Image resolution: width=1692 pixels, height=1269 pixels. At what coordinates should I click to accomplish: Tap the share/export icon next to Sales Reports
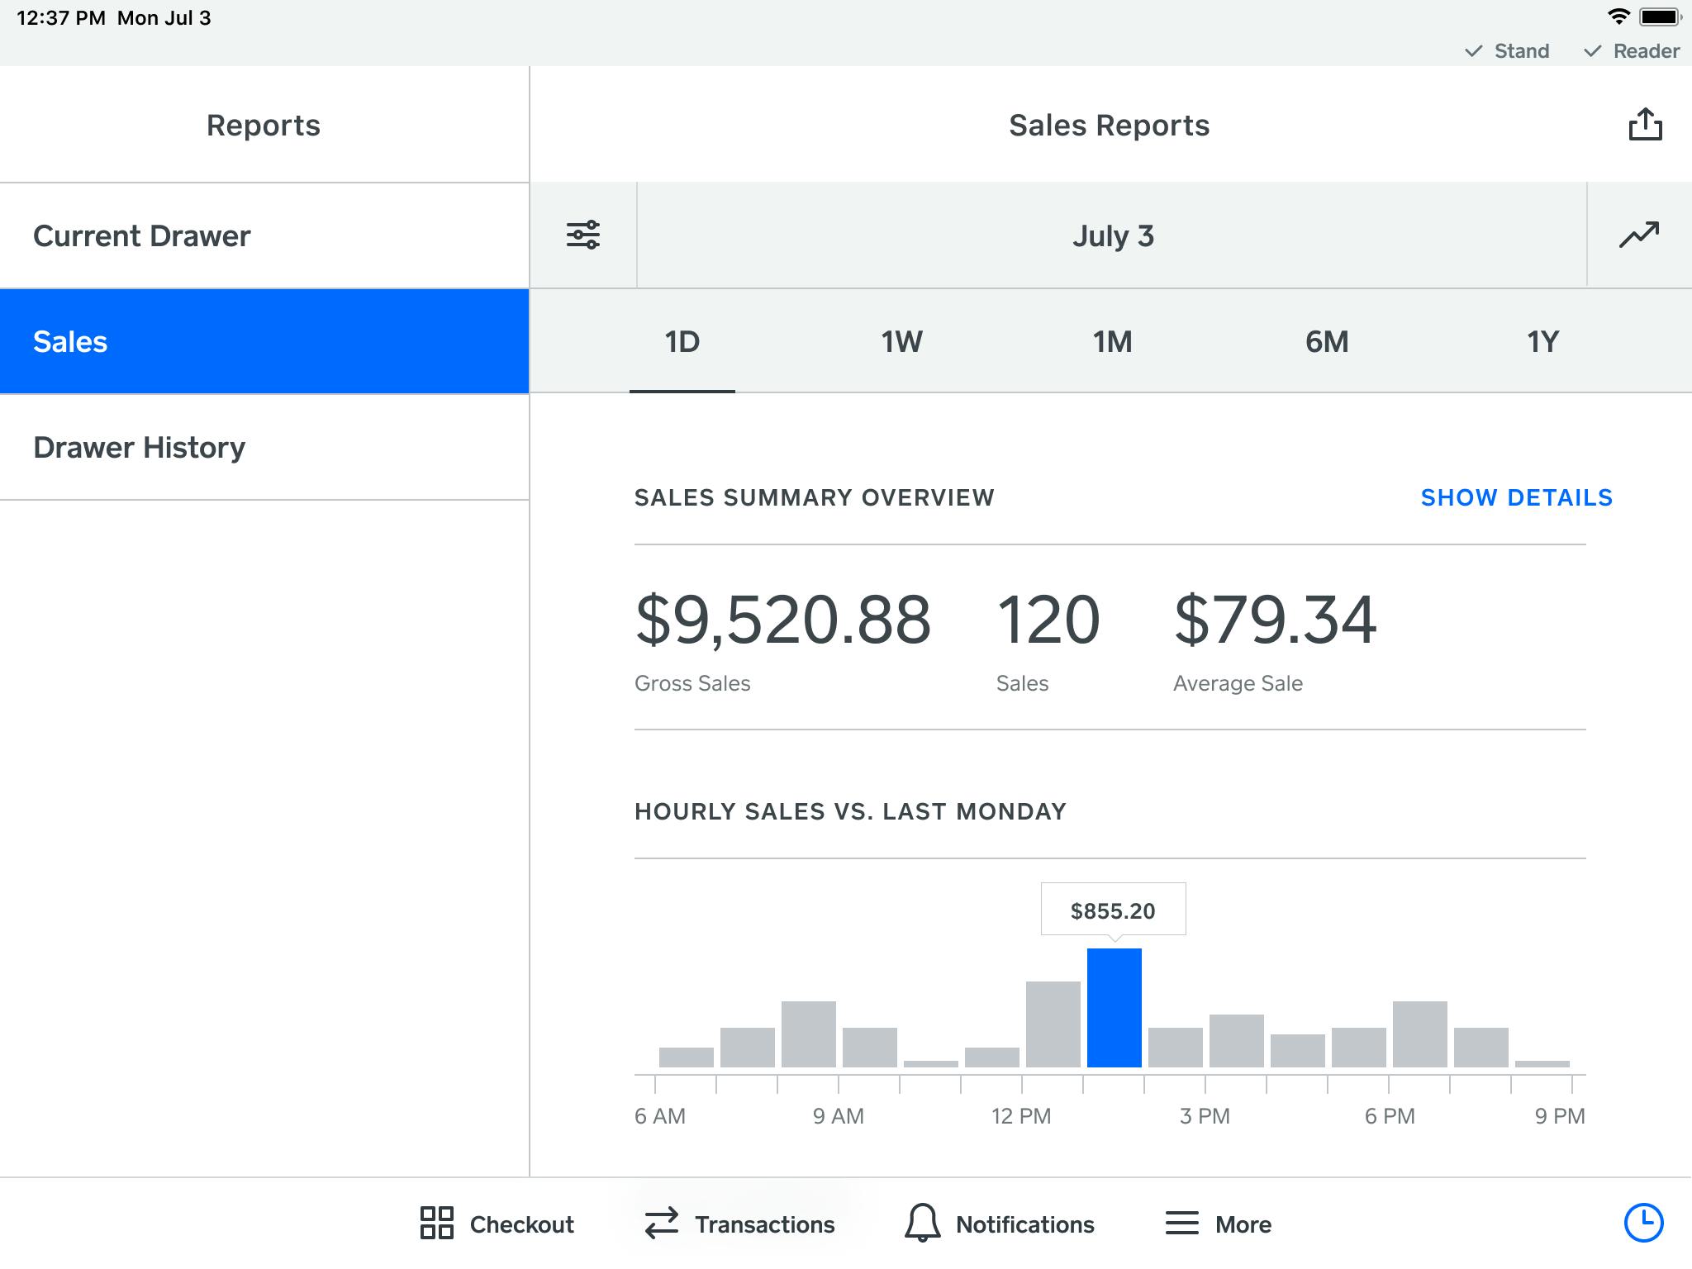tap(1644, 125)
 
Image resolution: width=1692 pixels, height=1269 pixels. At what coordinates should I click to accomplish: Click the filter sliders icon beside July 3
tap(583, 235)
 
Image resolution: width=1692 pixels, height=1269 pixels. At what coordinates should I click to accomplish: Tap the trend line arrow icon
tap(1639, 235)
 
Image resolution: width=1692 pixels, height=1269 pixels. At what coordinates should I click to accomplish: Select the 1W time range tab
tap(901, 342)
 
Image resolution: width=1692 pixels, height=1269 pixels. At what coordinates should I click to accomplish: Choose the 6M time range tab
tap(1327, 342)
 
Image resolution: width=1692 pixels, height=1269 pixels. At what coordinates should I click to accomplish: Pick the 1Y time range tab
tap(1542, 342)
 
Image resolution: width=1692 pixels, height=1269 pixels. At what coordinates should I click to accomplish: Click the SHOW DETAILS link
tap(1516, 497)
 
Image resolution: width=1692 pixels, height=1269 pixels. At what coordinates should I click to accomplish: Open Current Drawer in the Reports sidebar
tap(142, 236)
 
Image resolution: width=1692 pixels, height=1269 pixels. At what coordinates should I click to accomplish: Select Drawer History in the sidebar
tap(140, 448)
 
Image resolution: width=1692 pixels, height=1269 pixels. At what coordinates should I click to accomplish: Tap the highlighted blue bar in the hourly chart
tap(1114, 1008)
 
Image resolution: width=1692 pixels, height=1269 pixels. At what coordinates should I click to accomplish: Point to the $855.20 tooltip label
tap(1113, 910)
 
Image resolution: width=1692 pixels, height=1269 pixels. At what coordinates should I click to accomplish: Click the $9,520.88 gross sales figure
tap(782, 620)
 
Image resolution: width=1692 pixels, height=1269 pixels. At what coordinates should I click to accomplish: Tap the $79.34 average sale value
tap(1275, 620)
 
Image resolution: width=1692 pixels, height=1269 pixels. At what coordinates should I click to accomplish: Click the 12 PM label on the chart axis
tap(1021, 1116)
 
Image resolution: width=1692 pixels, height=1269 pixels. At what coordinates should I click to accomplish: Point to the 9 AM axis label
tap(838, 1116)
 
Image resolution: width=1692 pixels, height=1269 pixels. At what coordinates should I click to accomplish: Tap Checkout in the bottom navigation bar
tap(497, 1224)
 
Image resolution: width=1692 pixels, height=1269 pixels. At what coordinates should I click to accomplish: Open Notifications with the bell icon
tap(999, 1224)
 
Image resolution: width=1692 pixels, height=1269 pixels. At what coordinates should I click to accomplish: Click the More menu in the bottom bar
tap(1218, 1224)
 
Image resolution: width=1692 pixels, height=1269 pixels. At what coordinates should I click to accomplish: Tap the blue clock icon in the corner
tap(1643, 1222)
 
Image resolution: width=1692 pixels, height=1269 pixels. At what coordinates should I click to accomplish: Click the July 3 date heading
tap(1112, 236)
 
